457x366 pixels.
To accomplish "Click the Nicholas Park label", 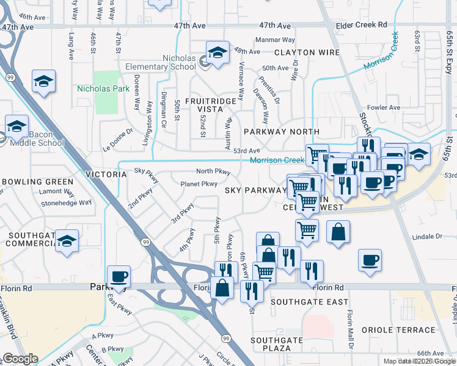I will click(103, 88).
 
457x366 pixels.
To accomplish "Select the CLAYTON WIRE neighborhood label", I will click(307, 52).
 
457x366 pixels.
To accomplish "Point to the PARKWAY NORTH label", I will click(281, 132).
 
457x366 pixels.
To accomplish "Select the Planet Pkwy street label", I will click(199, 184).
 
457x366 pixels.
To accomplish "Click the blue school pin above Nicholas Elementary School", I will click(217, 53).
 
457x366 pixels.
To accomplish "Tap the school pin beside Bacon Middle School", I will click(17, 127).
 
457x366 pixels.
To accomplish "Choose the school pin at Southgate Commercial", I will click(66, 241).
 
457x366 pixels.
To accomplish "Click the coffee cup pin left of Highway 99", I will click(119, 277).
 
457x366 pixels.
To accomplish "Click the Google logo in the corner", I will click(20, 359).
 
